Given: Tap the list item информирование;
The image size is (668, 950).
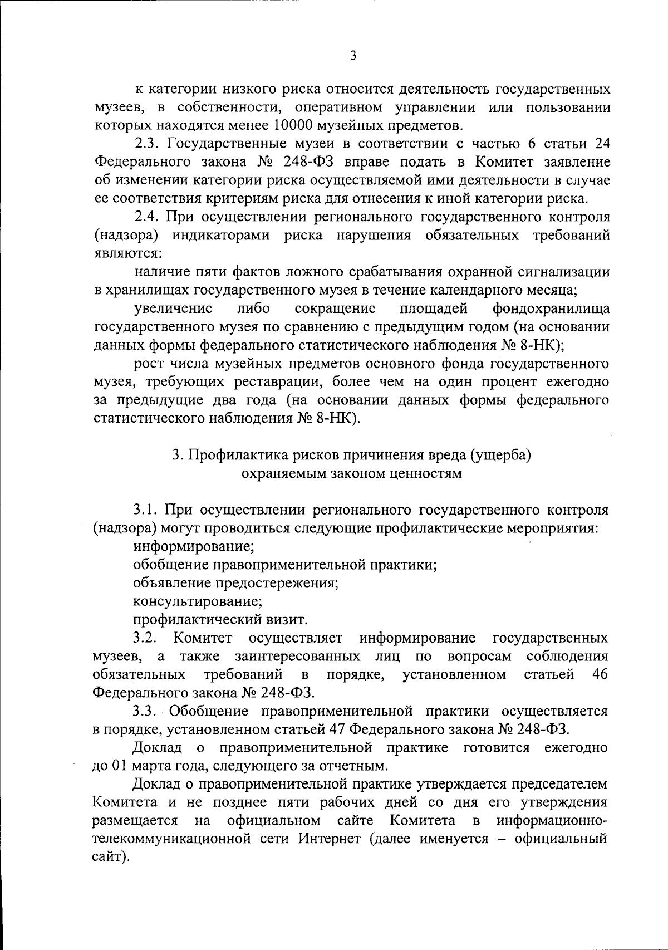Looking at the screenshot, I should [x=194, y=546].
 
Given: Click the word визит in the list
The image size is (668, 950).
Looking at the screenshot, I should [x=291, y=619].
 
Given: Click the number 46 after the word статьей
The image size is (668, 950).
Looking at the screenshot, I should [x=600, y=674].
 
